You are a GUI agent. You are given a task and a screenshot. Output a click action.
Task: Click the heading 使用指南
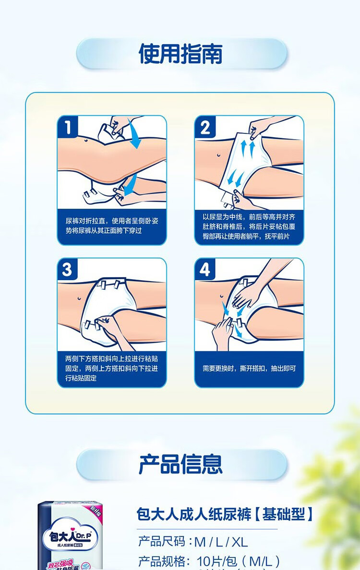coord(180,53)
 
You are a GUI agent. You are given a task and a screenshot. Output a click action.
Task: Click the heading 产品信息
coord(180,464)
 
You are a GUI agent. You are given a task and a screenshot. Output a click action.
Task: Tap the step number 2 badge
coord(205,128)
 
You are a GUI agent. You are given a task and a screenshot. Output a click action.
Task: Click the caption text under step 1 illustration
coord(111,226)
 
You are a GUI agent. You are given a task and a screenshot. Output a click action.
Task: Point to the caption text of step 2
coord(249,226)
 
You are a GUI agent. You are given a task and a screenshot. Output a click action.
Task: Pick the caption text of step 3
coord(111,368)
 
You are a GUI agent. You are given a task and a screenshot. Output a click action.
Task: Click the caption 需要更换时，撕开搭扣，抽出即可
coord(249,368)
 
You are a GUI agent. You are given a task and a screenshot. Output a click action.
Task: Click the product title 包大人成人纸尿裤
coord(194,514)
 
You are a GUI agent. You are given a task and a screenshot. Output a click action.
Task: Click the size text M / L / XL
coord(221,542)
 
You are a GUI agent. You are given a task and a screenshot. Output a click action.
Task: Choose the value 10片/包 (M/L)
coord(238,561)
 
